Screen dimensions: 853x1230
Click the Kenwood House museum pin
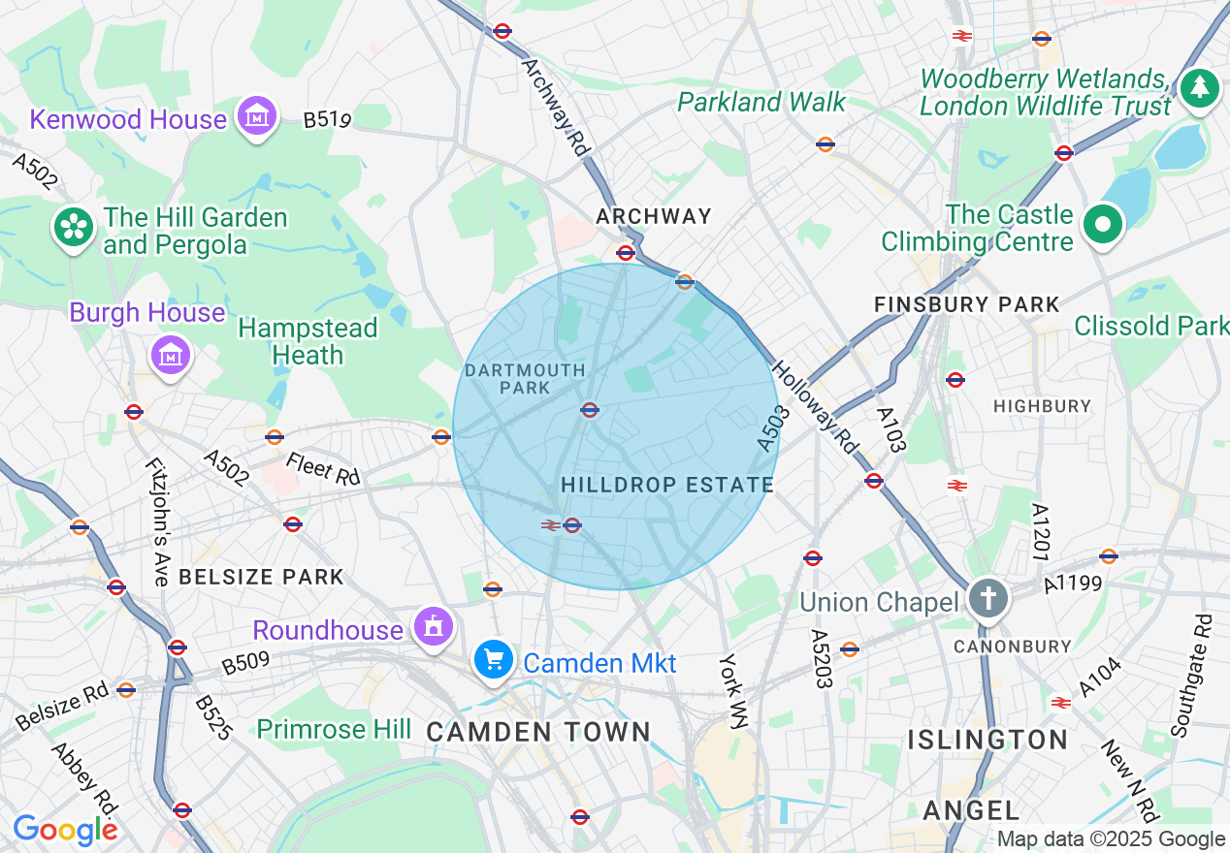pyautogui.click(x=257, y=116)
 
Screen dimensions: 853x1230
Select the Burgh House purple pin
pyautogui.click(x=171, y=356)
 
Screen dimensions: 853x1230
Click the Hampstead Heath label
pyautogui.click(x=307, y=342)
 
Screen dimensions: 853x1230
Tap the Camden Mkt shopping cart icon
pyautogui.click(x=494, y=661)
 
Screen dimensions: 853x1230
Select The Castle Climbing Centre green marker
pyautogui.click(x=1102, y=225)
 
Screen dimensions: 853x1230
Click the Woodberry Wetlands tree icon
pyautogui.click(x=1200, y=89)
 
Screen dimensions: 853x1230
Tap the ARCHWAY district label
pyautogui.click(x=654, y=216)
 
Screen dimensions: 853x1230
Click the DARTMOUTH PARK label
pyautogui.click(x=525, y=379)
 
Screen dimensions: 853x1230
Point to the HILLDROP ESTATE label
pyautogui.click(x=667, y=485)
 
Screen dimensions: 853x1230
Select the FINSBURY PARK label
pyautogui.click(x=967, y=304)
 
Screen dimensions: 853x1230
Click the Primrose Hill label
pyautogui.click(x=334, y=729)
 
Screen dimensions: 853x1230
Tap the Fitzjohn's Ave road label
pyautogui.click(x=156, y=521)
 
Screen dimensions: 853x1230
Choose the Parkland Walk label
pyautogui.click(x=761, y=102)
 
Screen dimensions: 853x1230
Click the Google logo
pyautogui.click(x=64, y=830)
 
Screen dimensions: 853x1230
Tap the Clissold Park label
pyautogui.click(x=1151, y=326)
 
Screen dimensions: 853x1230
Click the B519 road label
pyautogui.click(x=327, y=120)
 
